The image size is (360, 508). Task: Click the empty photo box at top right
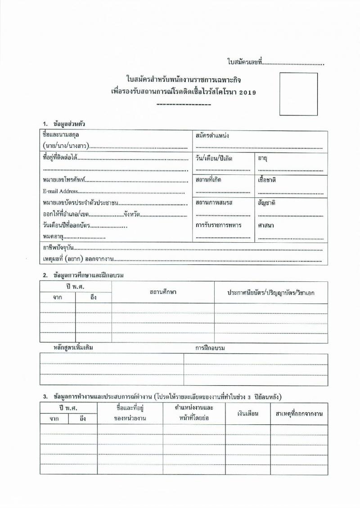(x=298, y=94)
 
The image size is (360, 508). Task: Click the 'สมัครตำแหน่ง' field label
(x=212, y=135)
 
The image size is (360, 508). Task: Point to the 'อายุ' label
(x=263, y=159)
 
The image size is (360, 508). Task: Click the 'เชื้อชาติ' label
(x=267, y=180)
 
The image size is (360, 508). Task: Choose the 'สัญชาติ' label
(x=266, y=203)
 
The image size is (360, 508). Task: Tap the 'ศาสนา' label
(x=266, y=225)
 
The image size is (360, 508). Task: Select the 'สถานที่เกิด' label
(x=208, y=180)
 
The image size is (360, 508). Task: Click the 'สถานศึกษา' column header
(x=162, y=292)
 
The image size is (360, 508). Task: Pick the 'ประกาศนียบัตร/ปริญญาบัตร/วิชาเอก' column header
(x=271, y=293)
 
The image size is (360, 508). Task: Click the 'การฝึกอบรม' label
(x=210, y=348)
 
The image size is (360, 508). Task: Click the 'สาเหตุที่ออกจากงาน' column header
(x=299, y=413)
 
